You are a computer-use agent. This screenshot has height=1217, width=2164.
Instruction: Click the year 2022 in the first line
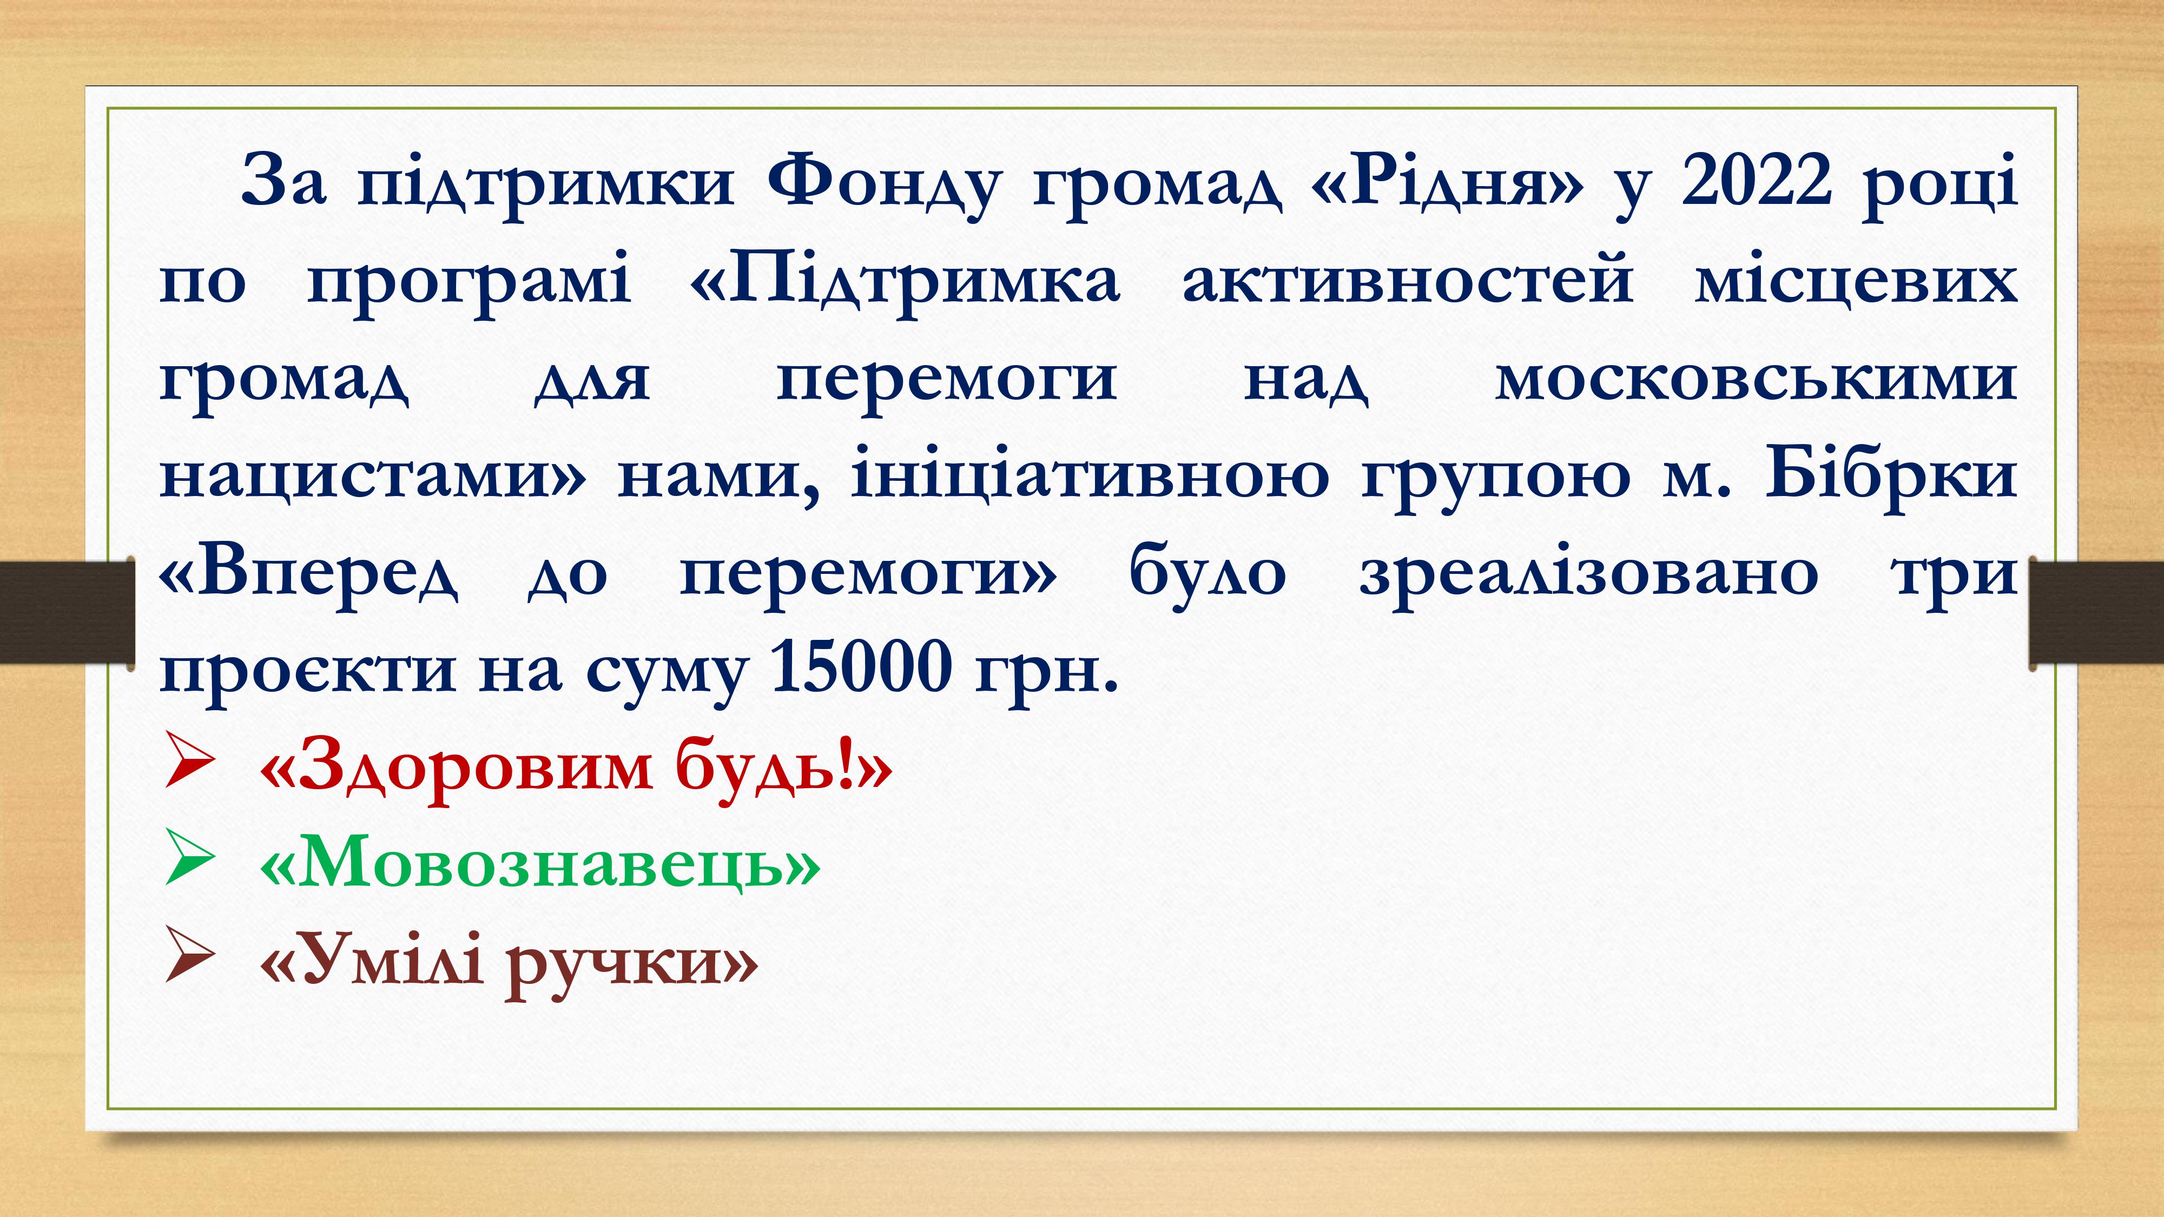point(1757,181)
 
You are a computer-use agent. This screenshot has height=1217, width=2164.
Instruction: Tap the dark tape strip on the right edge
point(2096,612)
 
